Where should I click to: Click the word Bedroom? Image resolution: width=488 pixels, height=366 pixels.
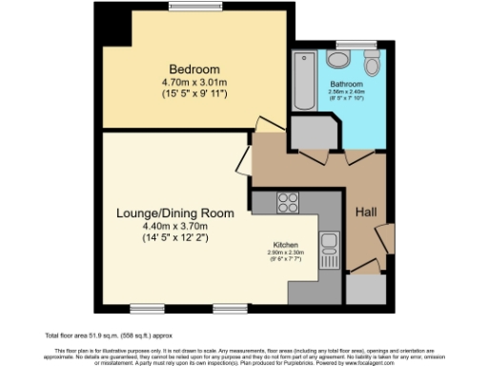(194, 70)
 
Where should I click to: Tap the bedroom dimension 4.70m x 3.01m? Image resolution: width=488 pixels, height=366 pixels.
(194, 83)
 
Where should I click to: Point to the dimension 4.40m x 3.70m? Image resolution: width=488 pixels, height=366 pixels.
(175, 226)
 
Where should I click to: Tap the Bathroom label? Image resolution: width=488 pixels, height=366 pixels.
(360, 83)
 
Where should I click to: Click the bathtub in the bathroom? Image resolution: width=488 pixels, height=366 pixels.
(308, 83)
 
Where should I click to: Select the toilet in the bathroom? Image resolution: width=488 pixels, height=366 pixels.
(371, 62)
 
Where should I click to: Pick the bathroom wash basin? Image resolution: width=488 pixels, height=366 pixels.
(338, 59)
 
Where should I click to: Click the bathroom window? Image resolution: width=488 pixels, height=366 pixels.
(347, 44)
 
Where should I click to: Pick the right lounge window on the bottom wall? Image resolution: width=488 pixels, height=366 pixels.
(229, 308)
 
